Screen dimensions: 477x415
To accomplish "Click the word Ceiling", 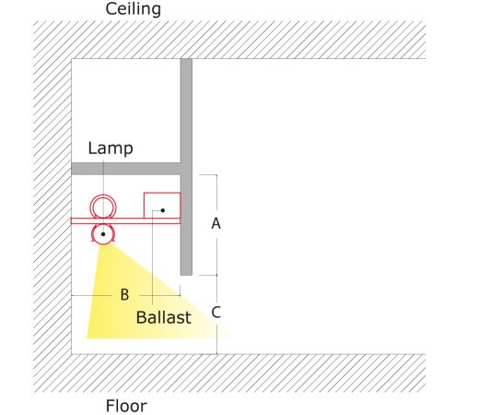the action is tap(133, 9).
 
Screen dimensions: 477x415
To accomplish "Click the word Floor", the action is tap(126, 406).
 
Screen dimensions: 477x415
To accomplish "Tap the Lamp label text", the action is tap(111, 148).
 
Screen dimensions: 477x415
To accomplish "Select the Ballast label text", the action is tap(164, 317).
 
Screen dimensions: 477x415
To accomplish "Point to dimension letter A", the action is tap(216, 223).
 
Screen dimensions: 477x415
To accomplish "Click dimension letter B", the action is tap(124, 294).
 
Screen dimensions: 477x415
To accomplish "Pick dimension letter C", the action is tap(216, 313).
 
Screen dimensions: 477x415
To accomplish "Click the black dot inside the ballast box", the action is tap(163, 210).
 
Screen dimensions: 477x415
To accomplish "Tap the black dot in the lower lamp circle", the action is tap(103, 234).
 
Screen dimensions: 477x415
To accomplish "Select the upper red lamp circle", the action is tap(103, 196).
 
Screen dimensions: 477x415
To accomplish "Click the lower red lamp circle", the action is tap(103, 244).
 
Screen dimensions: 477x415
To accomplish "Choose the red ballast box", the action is tap(144, 206).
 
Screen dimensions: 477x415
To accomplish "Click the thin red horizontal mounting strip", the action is tap(125, 221).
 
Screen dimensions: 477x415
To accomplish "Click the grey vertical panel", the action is tap(186, 167).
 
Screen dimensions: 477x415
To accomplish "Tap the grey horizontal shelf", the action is tap(126, 169).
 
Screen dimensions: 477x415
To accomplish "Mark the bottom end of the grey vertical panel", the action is tap(186, 275).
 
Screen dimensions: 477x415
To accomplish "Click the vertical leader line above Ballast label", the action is tap(153, 257).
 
